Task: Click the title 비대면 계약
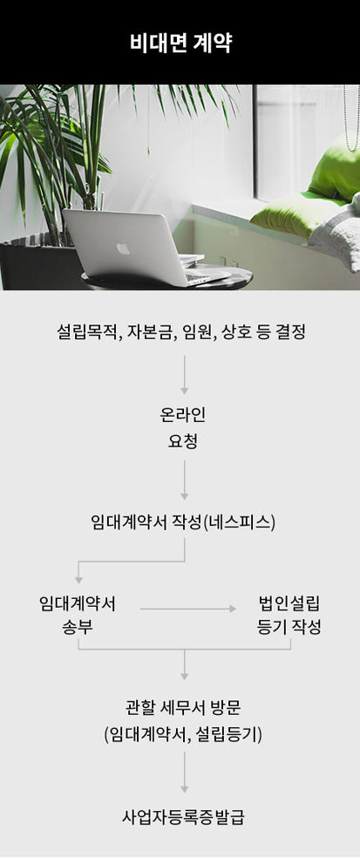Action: point(180,44)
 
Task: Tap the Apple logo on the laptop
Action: point(123,249)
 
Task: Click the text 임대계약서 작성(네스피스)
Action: point(183,522)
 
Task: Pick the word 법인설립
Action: point(289,603)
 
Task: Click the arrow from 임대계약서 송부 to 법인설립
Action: point(187,609)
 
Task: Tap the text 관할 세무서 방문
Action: point(183,709)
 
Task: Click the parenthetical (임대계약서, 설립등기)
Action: point(183,735)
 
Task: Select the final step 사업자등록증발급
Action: point(183,818)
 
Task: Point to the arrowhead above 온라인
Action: point(185,391)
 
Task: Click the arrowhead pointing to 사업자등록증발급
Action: point(185,789)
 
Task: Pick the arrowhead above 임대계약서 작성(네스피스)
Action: point(185,496)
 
